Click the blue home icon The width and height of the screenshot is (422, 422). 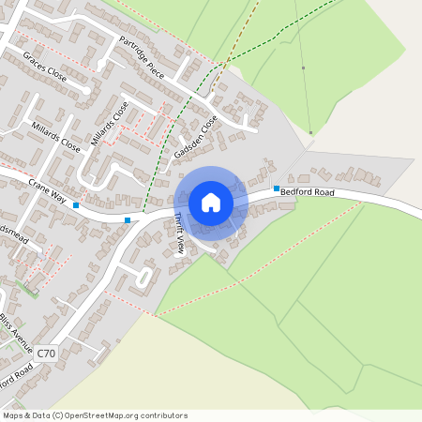tap(211, 203)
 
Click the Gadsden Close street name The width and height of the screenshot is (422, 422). tap(201, 137)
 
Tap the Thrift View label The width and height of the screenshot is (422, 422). tap(178, 234)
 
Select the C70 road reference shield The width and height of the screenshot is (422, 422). tap(47, 353)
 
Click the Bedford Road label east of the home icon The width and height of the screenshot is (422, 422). tap(308, 192)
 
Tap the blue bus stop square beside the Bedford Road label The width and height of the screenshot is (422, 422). tap(276, 188)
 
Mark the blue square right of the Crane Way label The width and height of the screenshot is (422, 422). tap(76, 204)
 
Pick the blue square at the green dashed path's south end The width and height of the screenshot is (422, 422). tap(128, 220)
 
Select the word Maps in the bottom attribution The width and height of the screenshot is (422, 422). tap(14, 415)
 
